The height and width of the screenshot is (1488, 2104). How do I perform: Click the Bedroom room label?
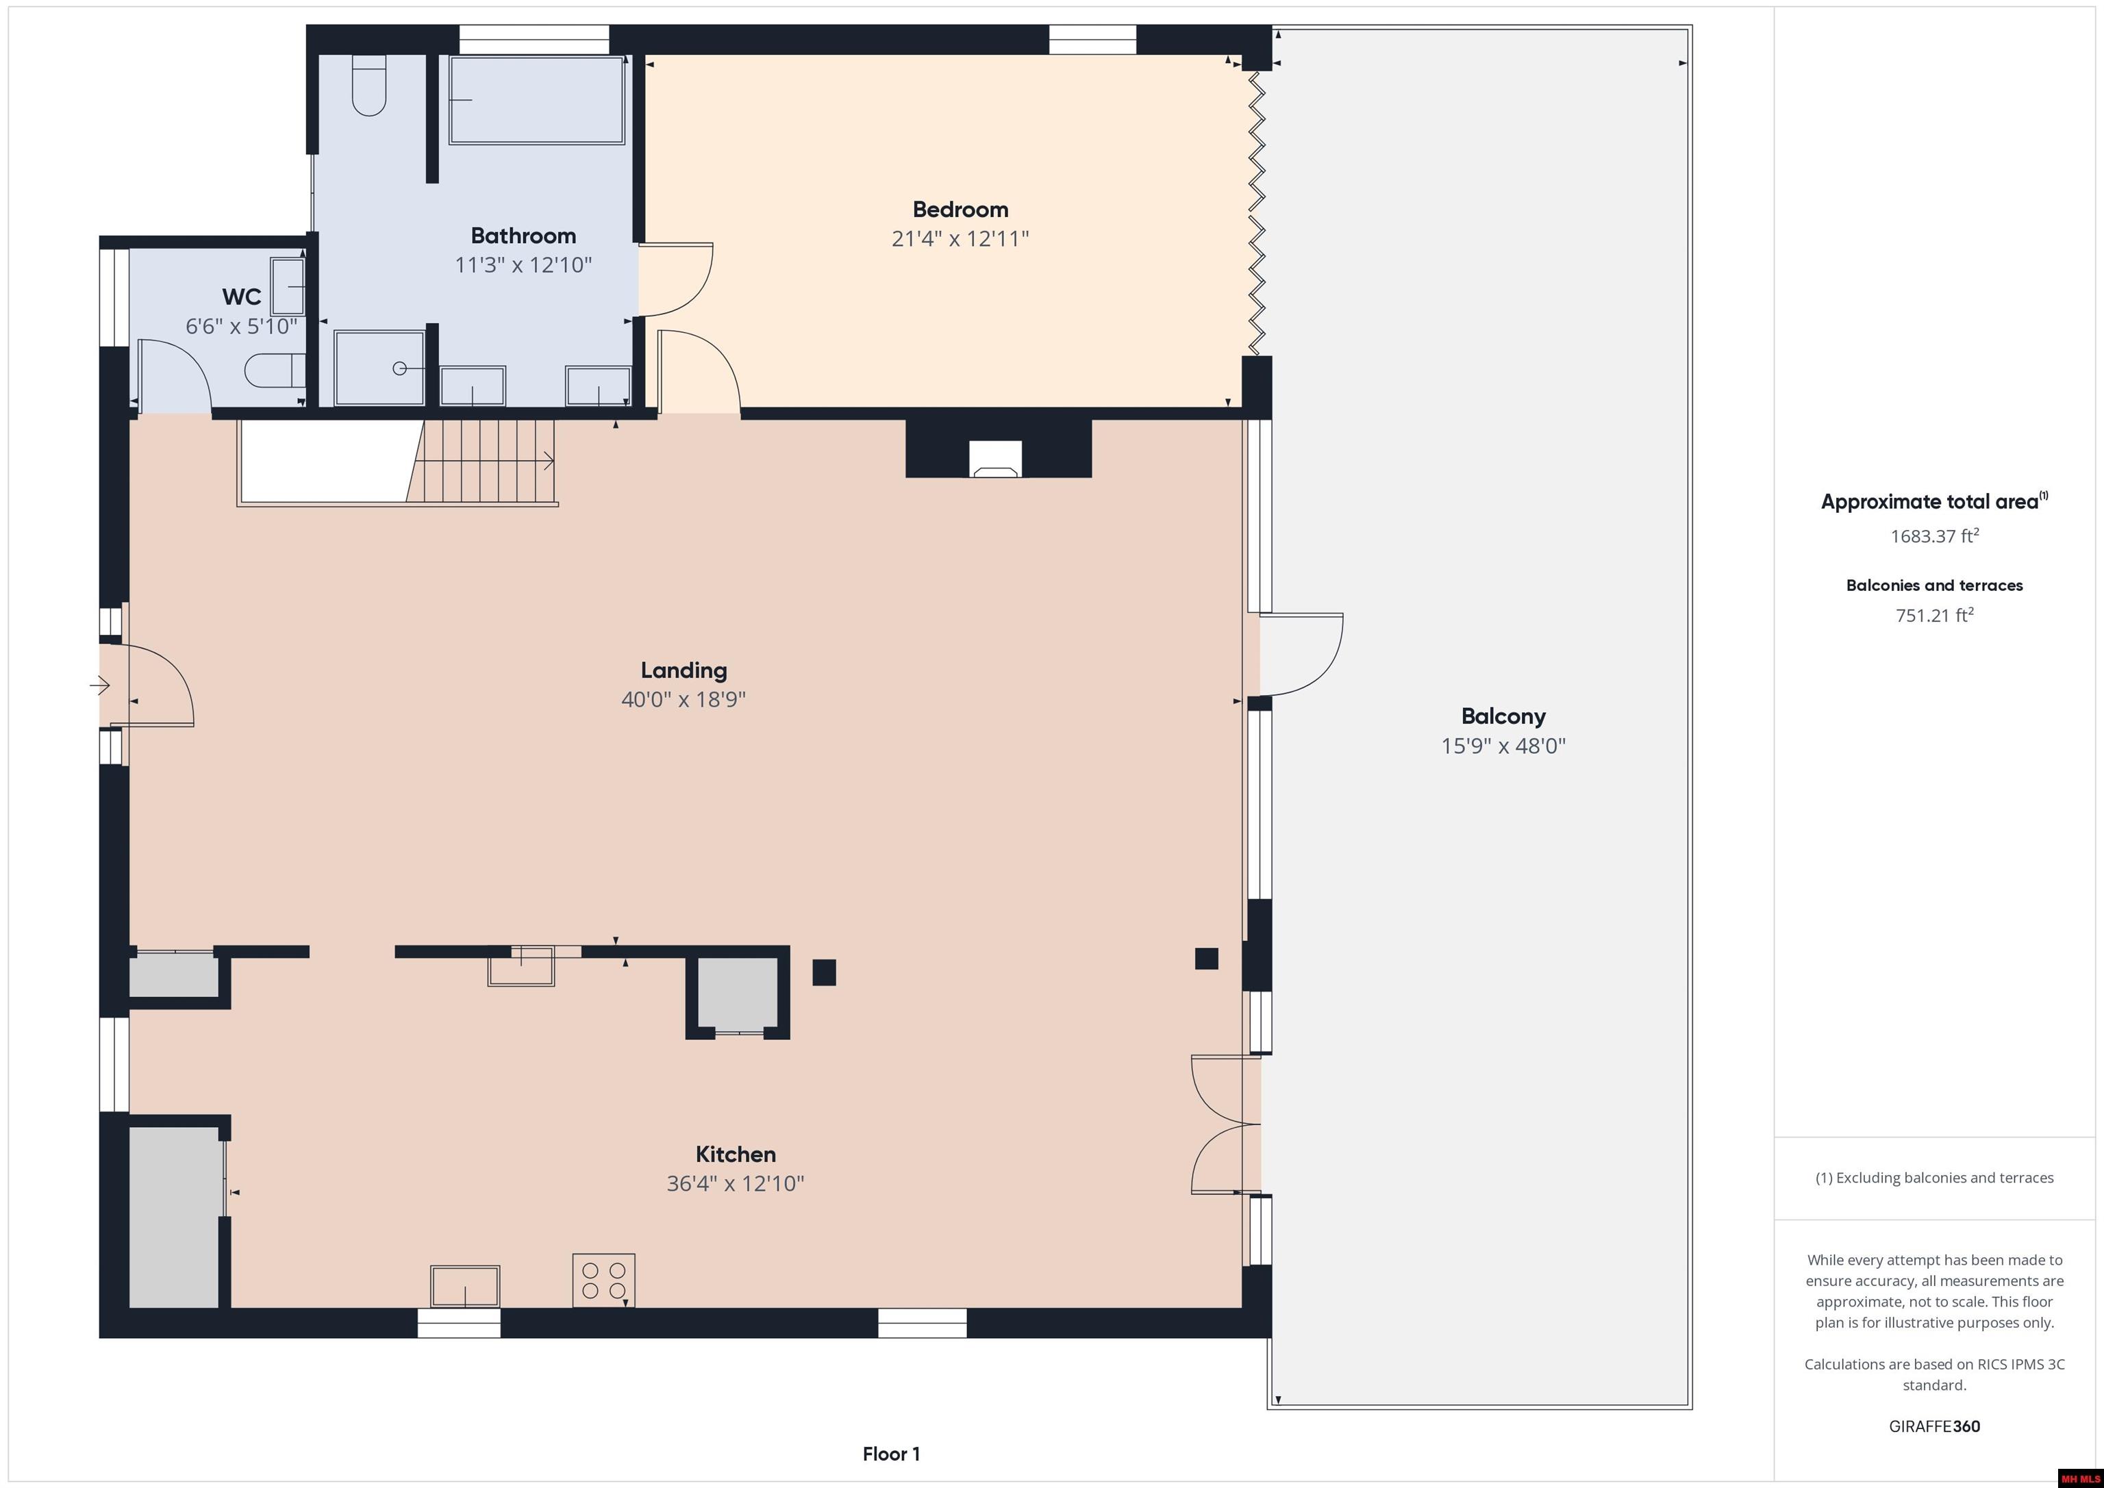click(x=960, y=209)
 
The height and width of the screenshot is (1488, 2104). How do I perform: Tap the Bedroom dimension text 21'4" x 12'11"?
click(x=960, y=239)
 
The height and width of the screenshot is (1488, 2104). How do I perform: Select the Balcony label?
click(x=1503, y=716)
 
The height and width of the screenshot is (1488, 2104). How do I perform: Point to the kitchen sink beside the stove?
click(x=464, y=1285)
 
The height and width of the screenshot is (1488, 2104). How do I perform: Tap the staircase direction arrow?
click(x=547, y=461)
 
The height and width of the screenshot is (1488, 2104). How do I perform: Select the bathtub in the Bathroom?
click(x=536, y=100)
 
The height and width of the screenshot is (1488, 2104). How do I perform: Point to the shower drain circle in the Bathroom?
click(x=399, y=368)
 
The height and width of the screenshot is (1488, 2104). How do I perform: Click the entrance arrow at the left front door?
click(x=101, y=685)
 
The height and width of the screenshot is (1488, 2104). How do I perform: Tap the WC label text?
click(x=241, y=297)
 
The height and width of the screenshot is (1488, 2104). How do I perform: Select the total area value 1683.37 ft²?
click(x=1933, y=537)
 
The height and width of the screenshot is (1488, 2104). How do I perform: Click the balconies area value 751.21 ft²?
click(x=1933, y=616)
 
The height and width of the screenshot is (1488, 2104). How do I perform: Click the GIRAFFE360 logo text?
click(x=1933, y=1426)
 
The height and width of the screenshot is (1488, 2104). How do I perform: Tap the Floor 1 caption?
click(x=891, y=1454)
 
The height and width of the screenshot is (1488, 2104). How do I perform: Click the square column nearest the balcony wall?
click(x=1206, y=959)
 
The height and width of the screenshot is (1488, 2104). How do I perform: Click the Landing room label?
click(x=684, y=670)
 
